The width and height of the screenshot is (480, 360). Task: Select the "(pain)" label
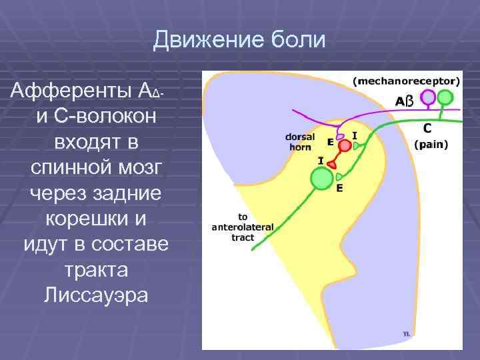tap(431, 143)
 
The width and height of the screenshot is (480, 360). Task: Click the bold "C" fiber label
tap(427, 127)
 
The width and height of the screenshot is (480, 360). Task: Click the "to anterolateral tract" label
tap(241, 227)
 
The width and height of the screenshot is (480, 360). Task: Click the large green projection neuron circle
tap(322, 179)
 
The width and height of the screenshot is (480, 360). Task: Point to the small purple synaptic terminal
tap(339, 136)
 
